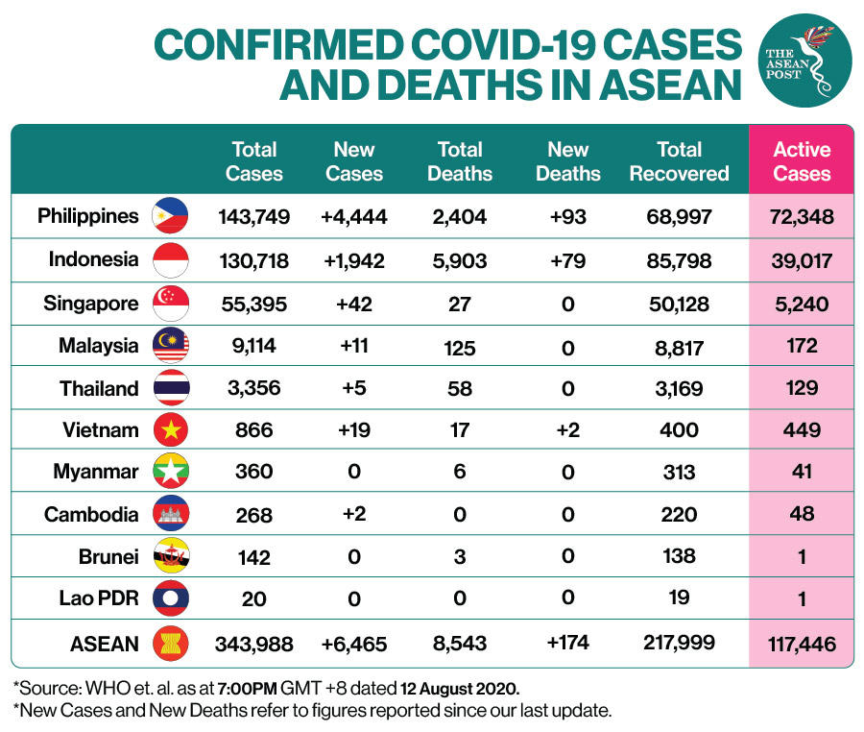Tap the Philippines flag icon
[171, 216]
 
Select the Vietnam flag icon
[171, 429]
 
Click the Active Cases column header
[802, 161]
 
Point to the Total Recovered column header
[679, 161]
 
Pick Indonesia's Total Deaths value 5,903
[460, 259]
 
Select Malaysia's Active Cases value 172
[802, 345]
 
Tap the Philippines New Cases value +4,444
[353, 216]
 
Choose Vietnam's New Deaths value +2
[567, 429]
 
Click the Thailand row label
[99, 388]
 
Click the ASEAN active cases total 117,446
[802, 643]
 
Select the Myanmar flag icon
[171, 472]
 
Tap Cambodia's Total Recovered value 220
[679, 514]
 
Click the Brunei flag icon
[171, 556]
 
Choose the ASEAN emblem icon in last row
[171, 643]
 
